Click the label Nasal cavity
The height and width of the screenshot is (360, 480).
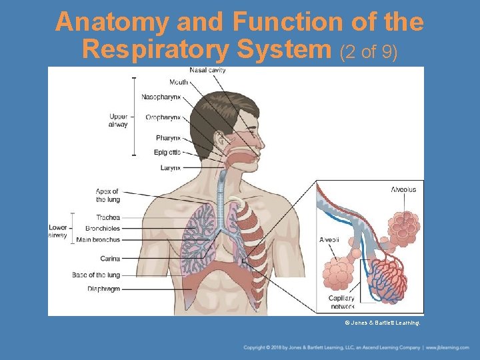[x=207, y=70]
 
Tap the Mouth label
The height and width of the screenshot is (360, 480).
[x=178, y=82]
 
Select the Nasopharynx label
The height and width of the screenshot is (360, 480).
[x=161, y=97]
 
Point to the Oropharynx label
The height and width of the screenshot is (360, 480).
[x=163, y=117]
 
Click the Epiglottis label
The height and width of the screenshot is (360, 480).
[x=167, y=153]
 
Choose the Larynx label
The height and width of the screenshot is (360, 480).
[x=170, y=168]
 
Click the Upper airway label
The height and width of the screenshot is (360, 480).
[x=118, y=121]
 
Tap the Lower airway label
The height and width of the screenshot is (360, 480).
[x=58, y=231]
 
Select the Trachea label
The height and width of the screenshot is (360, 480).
[x=107, y=217]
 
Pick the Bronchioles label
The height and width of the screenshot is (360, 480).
[x=103, y=228]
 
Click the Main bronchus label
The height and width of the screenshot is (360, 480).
[x=98, y=239]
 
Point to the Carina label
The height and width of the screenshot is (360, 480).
[x=110, y=259]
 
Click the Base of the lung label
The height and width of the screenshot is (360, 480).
[x=96, y=275]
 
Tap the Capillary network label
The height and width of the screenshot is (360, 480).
[x=341, y=302]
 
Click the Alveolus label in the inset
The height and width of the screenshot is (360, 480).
[x=403, y=189]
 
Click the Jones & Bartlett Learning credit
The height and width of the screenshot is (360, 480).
[x=382, y=322]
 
